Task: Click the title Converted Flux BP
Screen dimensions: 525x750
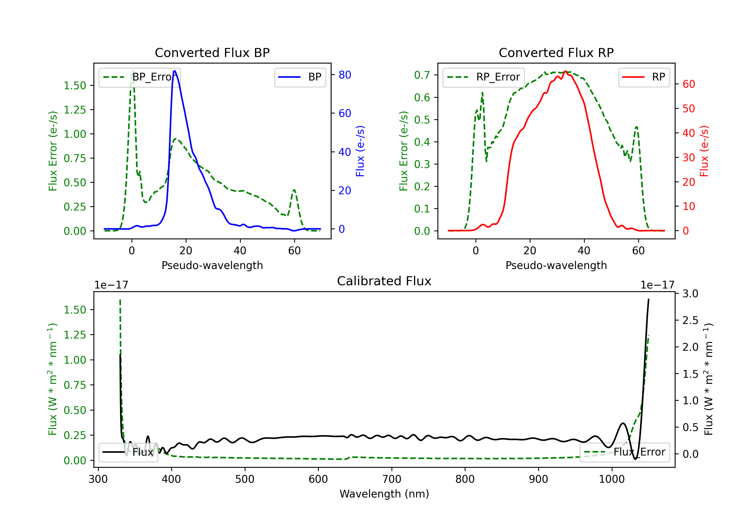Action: pyautogui.click(x=212, y=52)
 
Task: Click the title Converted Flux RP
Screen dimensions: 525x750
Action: pyautogui.click(x=556, y=52)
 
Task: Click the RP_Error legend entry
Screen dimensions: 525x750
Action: pyautogui.click(x=483, y=77)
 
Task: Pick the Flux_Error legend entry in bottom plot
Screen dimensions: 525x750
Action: pyautogui.click(x=624, y=452)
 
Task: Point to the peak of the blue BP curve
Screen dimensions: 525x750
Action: pyautogui.click(x=175, y=71)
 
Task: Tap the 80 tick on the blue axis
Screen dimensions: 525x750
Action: pyautogui.click(x=344, y=75)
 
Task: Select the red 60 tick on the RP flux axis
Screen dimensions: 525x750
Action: pyautogui.click(x=688, y=84)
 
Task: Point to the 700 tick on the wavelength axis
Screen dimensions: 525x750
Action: pyautogui.click(x=392, y=479)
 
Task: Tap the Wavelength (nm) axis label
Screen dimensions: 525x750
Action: pyautogui.click(x=384, y=494)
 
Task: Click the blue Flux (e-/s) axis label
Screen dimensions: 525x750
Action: pyautogui.click(x=360, y=151)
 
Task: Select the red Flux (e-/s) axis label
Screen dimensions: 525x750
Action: pyautogui.click(x=704, y=151)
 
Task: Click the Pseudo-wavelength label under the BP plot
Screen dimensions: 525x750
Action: pyautogui.click(x=212, y=265)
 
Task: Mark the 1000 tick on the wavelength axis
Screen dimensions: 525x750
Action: pyautogui.click(x=611, y=479)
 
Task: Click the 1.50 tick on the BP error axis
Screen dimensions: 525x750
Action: pyautogui.click(x=75, y=85)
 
